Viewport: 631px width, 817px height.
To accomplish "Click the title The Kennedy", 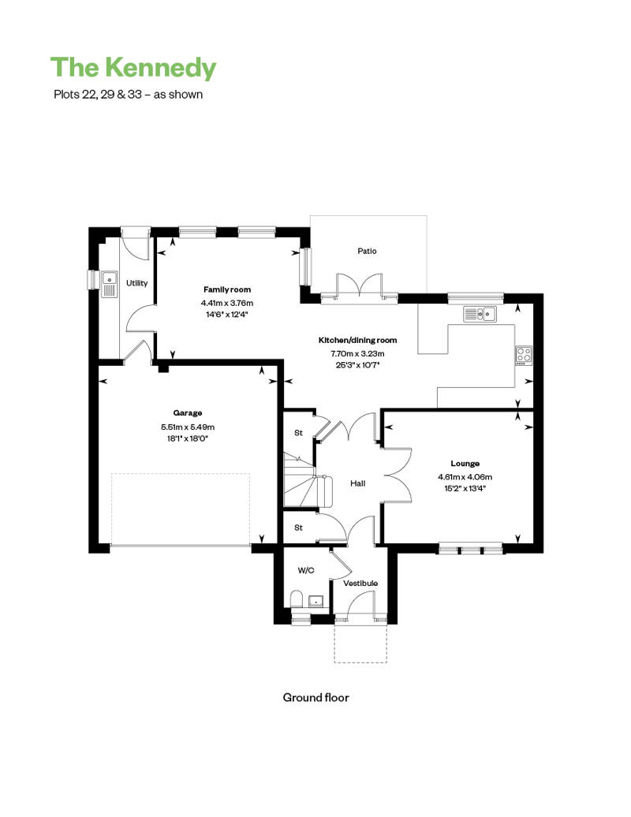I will click(x=133, y=68).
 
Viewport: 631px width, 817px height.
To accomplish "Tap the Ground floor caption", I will click(x=315, y=697).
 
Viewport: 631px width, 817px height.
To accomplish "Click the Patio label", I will click(x=367, y=251).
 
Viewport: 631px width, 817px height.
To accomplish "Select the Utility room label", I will click(x=136, y=283).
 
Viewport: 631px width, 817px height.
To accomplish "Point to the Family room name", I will click(x=227, y=289).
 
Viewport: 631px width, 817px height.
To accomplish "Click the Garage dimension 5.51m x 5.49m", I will click(x=188, y=427).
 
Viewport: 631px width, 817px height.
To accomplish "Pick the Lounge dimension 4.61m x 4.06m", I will click(x=465, y=477).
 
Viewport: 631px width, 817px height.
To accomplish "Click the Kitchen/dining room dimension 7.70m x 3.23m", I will click(x=357, y=354).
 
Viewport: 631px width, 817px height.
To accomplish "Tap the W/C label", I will click(x=306, y=569).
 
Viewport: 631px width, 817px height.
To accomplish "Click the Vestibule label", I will click(x=360, y=584).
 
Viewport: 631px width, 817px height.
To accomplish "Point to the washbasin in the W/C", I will click(x=317, y=600).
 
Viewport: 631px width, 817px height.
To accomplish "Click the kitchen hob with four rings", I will click(x=523, y=355).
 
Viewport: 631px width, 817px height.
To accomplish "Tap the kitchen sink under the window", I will click(x=480, y=315).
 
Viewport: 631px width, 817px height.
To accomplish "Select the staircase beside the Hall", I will click(x=299, y=479).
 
